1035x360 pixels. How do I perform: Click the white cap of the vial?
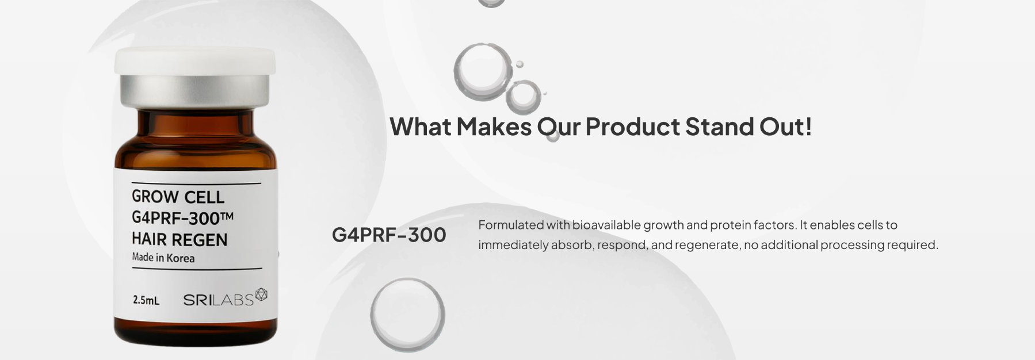click(194, 61)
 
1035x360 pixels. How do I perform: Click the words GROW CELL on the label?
click(178, 197)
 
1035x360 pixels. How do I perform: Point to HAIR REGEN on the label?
click(179, 239)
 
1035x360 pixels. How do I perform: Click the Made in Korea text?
click(163, 258)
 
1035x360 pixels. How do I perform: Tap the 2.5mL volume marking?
click(146, 300)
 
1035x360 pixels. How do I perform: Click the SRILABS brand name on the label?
click(218, 300)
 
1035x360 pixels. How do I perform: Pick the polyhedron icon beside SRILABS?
click(261, 294)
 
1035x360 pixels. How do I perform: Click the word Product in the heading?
click(632, 127)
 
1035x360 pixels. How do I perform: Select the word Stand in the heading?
click(719, 127)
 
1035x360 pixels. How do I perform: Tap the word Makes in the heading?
click(494, 127)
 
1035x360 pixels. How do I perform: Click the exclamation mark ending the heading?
click(809, 127)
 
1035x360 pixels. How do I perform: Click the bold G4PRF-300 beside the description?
click(389, 235)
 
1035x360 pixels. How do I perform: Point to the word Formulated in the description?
click(510, 225)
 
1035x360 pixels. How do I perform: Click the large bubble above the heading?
click(483, 70)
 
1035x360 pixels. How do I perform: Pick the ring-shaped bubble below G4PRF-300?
click(407, 278)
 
